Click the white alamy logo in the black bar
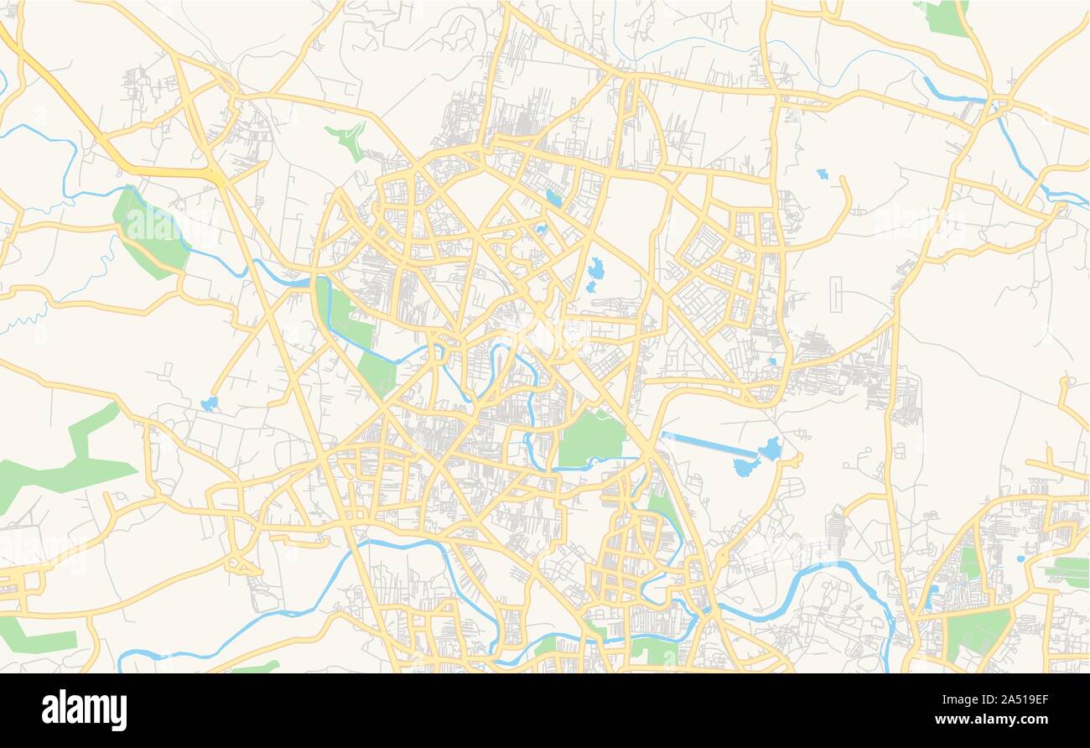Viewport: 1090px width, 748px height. (85, 710)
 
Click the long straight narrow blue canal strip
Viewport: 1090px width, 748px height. (708, 444)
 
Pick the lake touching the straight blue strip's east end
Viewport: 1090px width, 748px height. (770, 449)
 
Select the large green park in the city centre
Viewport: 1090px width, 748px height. (592, 439)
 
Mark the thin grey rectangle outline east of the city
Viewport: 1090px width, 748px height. (836, 296)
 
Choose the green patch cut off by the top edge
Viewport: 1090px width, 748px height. (944, 18)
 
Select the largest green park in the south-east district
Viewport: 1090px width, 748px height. (978, 631)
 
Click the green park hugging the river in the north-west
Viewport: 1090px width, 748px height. (148, 231)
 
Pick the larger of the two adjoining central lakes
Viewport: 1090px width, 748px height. (596, 269)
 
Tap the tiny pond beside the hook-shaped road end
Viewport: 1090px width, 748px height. (821, 174)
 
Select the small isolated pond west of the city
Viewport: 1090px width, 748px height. (209, 403)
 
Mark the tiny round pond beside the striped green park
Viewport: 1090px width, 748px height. (1020, 558)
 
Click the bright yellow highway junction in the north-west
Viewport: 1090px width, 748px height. (216, 175)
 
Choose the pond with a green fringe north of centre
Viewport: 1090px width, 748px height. (553, 199)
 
